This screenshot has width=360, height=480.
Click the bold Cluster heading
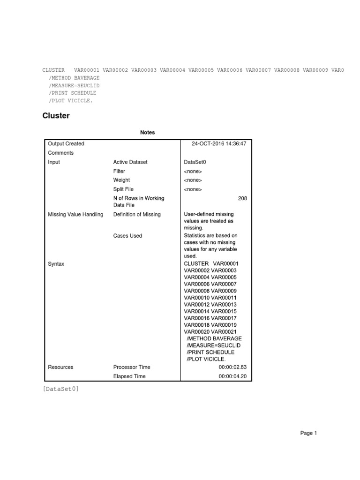click(56, 116)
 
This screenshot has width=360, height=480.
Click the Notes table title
click(147, 133)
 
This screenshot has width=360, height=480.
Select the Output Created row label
click(66, 143)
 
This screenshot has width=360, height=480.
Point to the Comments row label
click(60, 153)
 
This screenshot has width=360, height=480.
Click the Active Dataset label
click(130, 162)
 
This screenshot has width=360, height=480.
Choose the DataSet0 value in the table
click(195, 162)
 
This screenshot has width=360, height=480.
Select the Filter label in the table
click(119, 172)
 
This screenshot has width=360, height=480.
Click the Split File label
click(123, 189)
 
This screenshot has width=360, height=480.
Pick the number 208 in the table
click(242, 199)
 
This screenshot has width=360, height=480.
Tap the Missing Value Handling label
click(75, 215)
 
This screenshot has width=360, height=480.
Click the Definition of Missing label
click(137, 215)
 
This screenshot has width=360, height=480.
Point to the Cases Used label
click(127, 236)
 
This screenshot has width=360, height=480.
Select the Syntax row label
click(56, 264)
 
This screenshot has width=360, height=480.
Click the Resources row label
click(60, 367)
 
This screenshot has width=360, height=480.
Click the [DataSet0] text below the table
click(60, 389)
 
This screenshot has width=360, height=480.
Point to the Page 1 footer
click(308, 434)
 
